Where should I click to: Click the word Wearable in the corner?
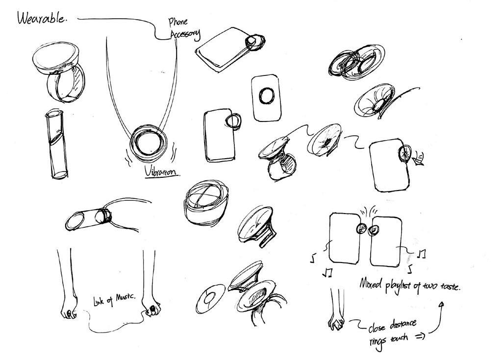[41, 19]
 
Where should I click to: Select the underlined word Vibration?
[162, 172]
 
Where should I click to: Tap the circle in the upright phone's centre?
[267, 96]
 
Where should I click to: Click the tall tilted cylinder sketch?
[56, 144]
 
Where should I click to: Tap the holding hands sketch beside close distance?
[337, 323]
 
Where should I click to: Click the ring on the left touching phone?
[361, 228]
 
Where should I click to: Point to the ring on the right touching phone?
[374, 228]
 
